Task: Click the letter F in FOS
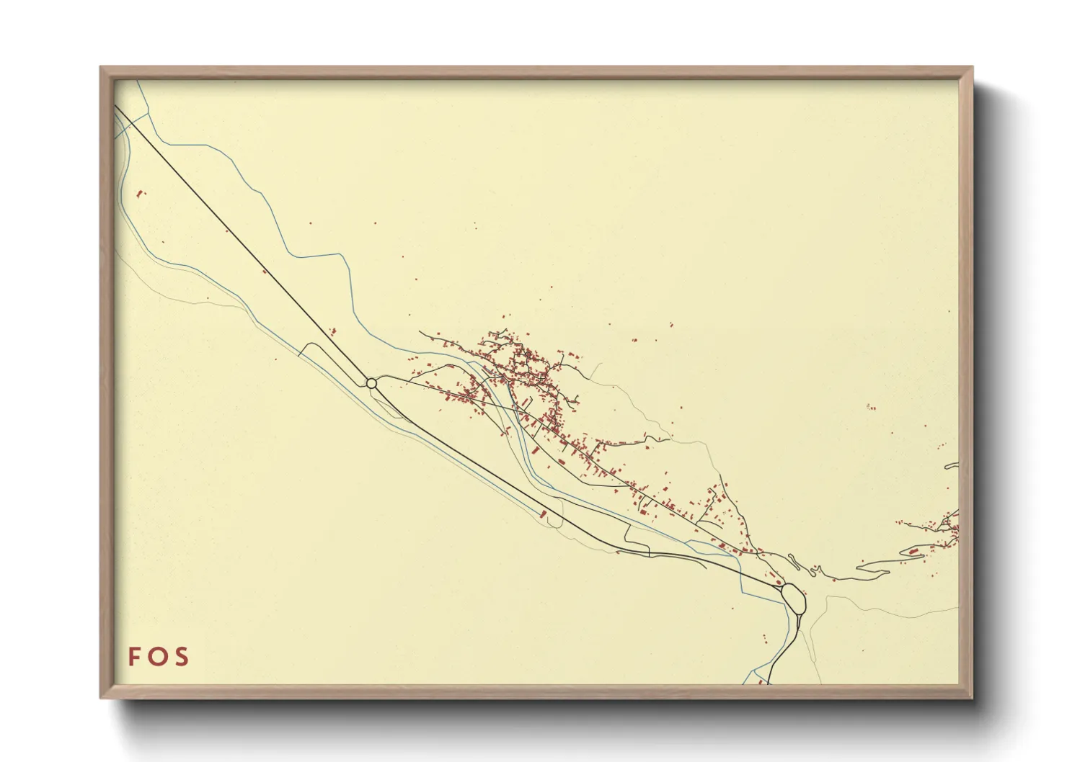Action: [135, 657]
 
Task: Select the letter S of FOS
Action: [181, 657]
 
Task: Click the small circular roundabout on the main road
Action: [371, 383]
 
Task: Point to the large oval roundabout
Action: [793, 599]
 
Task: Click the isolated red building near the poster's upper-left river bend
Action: [140, 193]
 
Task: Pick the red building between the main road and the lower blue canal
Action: [543, 514]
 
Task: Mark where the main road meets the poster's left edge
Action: [115, 107]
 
